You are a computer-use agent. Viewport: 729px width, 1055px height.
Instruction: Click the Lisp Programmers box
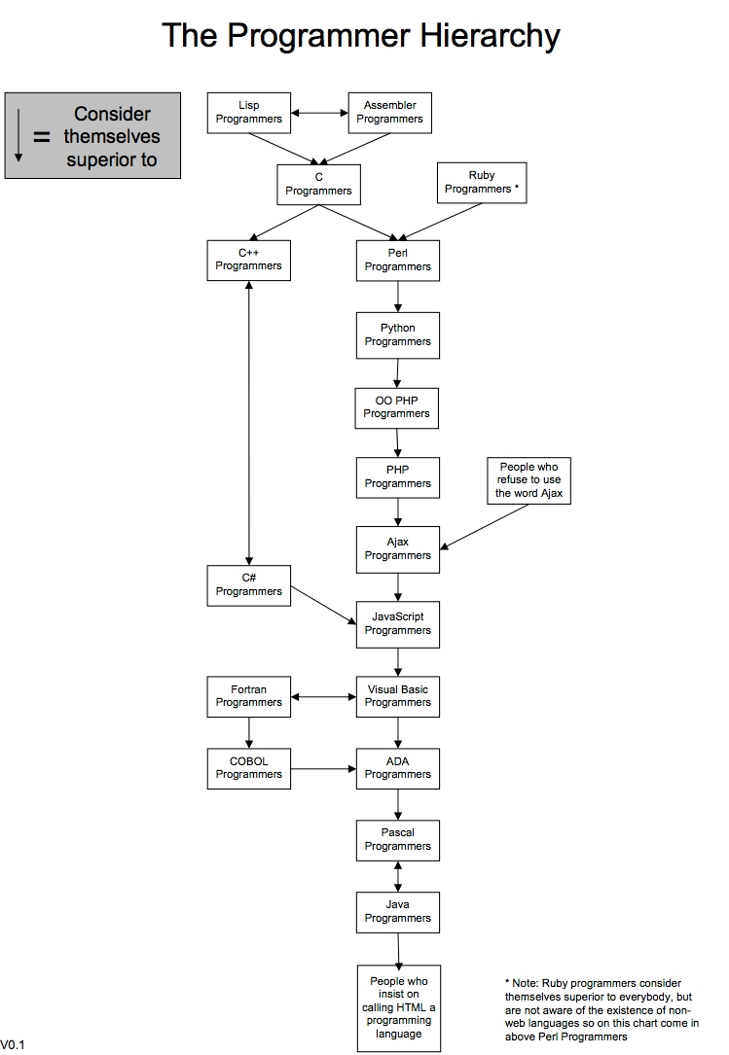(249, 113)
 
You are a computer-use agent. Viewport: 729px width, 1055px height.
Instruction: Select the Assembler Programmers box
(389, 113)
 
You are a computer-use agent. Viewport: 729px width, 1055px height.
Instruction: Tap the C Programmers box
(318, 184)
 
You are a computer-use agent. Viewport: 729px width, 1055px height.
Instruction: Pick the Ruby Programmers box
(482, 183)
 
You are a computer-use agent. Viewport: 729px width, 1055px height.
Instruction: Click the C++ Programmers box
(249, 260)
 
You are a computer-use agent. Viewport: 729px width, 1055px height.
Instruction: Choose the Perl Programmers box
(397, 260)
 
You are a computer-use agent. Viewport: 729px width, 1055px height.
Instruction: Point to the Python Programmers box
(397, 334)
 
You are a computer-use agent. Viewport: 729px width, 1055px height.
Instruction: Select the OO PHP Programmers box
(396, 407)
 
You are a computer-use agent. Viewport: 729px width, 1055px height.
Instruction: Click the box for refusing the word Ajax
(529, 481)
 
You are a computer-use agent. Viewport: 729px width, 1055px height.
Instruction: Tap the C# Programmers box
(249, 585)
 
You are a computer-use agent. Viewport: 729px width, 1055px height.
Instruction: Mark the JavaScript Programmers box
(397, 623)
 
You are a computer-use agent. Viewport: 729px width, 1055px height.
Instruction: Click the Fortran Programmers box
(249, 696)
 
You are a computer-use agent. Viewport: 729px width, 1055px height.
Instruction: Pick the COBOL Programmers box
(249, 768)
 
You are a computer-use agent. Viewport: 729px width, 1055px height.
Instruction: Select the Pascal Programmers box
(397, 839)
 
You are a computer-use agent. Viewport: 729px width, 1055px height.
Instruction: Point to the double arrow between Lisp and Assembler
(320, 113)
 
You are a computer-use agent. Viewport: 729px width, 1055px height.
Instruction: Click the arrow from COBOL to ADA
(323, 768)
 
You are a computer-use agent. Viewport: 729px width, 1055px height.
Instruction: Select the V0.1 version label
(12, 1045)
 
